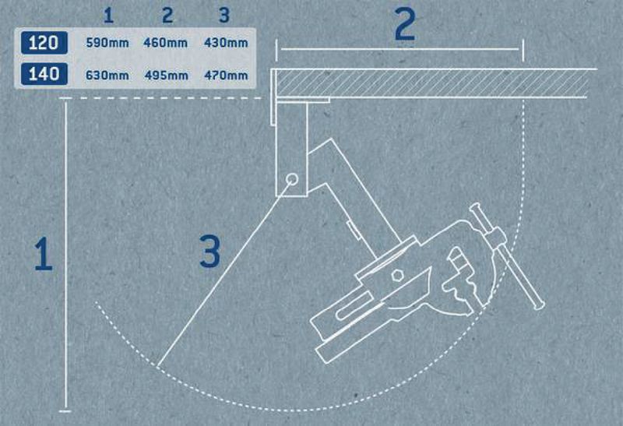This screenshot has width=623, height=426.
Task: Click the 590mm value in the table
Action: pyautogui.click(x=107, y=43)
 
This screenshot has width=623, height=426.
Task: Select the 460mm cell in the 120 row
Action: pyautogui.click(x=165, y=43)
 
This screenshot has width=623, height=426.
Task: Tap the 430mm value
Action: pyautogui.click(x=226, y=43)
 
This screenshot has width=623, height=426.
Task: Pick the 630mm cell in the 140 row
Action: pyautogui.click(x=107, y=75)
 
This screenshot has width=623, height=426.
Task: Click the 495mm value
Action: pyautogui.click(x=167, y=75)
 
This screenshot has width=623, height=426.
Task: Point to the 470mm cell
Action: pyautogui.click(x=226, y=75)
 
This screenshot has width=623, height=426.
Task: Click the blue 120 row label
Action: pyautogui.click(x=44, y=43)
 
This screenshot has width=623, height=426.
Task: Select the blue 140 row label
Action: pyautogui.click(x=44, y=74)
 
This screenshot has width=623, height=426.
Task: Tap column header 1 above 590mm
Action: pyautogui.click(x=108, y=16)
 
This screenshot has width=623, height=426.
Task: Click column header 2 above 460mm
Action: pyautogui.click(x=167, y=16)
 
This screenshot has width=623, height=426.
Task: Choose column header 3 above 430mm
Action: pyautogui.click(x=224, y=16)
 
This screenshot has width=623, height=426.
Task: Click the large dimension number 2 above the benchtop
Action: pyautogui.click(x=405, y=24)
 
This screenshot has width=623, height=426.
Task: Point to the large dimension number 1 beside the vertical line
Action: pyautogui.click(x=44, y=254)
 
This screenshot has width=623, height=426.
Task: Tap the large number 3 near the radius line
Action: pyautogui.click(x=209, y=251)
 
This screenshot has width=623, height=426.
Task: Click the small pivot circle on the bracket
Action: pyautogui.click(x=293, y=179)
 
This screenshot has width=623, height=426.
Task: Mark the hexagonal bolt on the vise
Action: pyautogui.click(x=396, y=275)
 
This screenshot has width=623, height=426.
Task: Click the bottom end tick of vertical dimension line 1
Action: pyautogui.click(x=65, y=411)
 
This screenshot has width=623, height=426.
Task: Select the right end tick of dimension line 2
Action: pyautogui.click(x=523, y=50)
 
